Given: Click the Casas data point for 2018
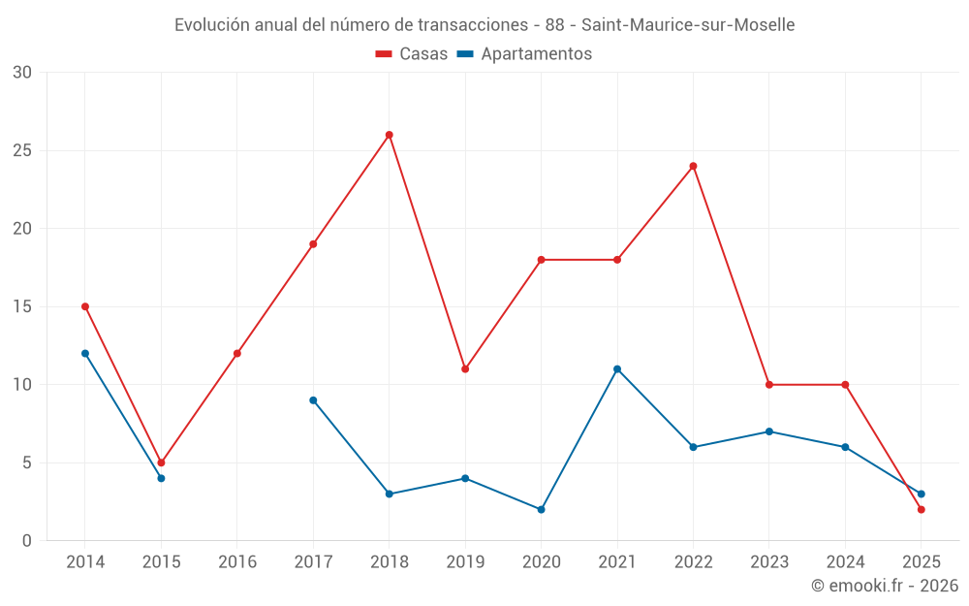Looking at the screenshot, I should pos(389,135).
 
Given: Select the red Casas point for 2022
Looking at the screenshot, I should pos(693,166).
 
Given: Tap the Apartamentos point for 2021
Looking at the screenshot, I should pos(617,368).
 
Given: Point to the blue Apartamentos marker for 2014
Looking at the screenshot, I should pos(85,353).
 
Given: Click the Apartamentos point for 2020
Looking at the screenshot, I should pos(541,509).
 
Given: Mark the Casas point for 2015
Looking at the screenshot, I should pos(161,462).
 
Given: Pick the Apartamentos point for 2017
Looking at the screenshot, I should pos(313,399).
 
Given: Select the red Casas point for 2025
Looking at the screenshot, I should pos(921,509).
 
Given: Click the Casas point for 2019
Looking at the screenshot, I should pos(465,368).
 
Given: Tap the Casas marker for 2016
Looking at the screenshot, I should pos(237,353).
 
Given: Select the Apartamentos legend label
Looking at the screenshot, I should pos(536,54).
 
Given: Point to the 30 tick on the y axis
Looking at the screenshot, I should pos(22,73).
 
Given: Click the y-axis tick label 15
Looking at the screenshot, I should pos(22,306).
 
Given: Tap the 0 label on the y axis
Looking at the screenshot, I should pos(27,540).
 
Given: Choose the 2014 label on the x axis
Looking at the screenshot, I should pos(85,562).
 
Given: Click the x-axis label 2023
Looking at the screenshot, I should pos(768,562).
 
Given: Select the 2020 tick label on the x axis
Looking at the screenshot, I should pos(541,562).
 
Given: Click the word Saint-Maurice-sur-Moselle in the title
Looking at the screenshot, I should pos(688,25).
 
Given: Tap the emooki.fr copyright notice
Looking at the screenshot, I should pos(884,586).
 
